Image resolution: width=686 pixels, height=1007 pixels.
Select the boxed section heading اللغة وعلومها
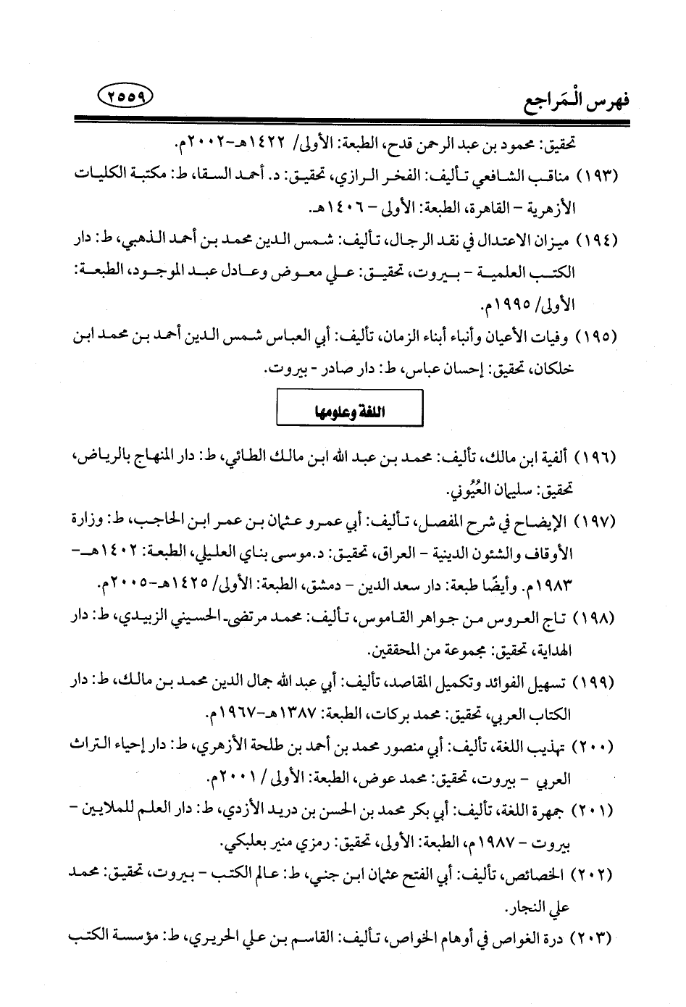(349, 410)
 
